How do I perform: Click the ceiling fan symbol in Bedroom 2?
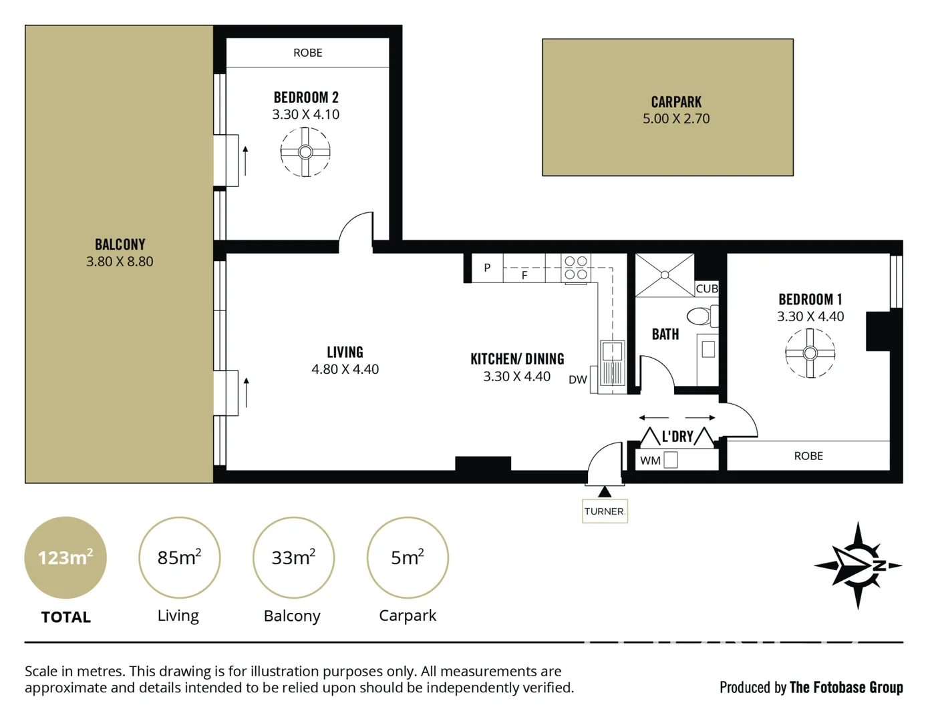click(305, 152)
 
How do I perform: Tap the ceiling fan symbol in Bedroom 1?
click(810, 353)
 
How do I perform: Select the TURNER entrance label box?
click(604, 511)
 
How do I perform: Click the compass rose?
click(859, 565)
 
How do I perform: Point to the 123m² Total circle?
click(65, 557)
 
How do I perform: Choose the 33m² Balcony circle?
click(293, 557)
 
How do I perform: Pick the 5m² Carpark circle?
click(408, 557)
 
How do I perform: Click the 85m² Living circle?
click(179, 557)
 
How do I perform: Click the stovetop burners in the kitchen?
click(575, 268)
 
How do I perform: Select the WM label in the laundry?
click(649, 461)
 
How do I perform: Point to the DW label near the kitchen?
click(577, 380)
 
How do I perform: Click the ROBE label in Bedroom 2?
click(307, 53)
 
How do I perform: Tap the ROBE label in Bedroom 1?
click(808, 456)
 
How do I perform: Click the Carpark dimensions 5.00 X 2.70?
click(675, 119)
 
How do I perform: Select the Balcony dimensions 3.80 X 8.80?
click(120, 262)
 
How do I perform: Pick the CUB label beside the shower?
click(706, 289)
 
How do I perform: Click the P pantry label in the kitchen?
click(487, 268)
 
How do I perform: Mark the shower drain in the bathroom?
click(665, 275)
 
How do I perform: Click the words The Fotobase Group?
click(846, 687)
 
